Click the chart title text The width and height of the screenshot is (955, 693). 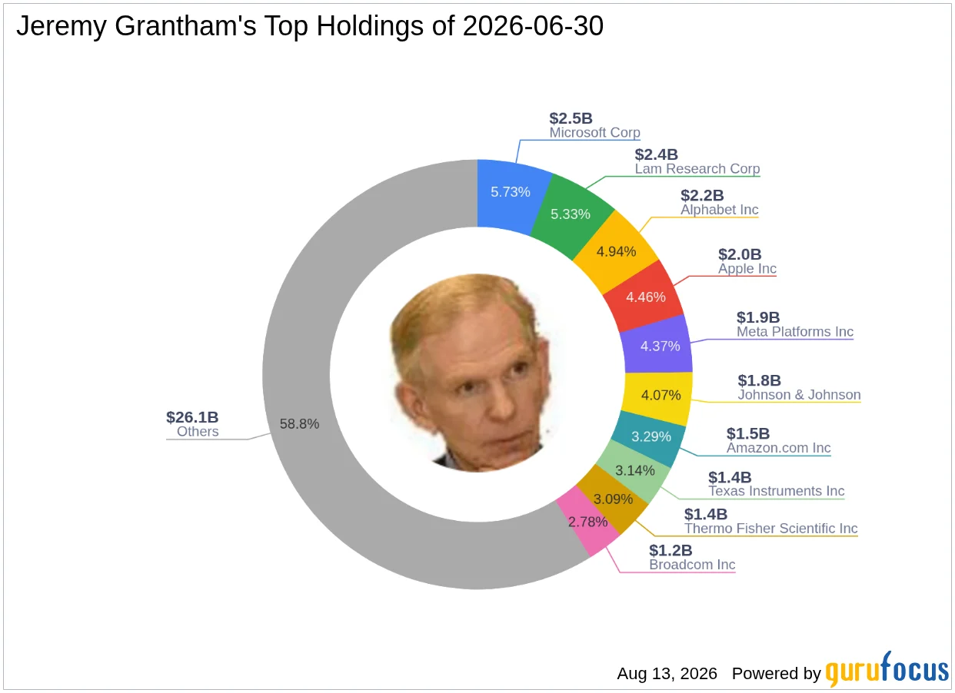click(310, 26)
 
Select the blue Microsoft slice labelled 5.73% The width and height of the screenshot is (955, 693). click(511, 194)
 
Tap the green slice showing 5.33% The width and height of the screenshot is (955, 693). click(571, 214)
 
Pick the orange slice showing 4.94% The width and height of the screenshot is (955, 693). click(616, 252)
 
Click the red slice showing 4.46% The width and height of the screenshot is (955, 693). click(645, 297)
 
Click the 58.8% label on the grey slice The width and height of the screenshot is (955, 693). click(299, 424)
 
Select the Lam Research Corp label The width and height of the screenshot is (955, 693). click(697, 169)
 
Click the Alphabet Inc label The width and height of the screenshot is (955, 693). click(719, 210)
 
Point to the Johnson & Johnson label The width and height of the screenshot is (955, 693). click(799, 395)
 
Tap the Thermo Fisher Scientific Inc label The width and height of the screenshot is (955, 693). click(770, 529)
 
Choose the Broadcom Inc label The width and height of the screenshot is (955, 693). click(692, 565)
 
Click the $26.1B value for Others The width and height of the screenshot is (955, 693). click(192, 417)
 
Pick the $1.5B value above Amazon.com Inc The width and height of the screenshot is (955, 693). click(748, 433)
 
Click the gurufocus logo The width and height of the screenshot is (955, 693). click(887, 669)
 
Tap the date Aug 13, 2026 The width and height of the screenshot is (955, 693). click(667, 674)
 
